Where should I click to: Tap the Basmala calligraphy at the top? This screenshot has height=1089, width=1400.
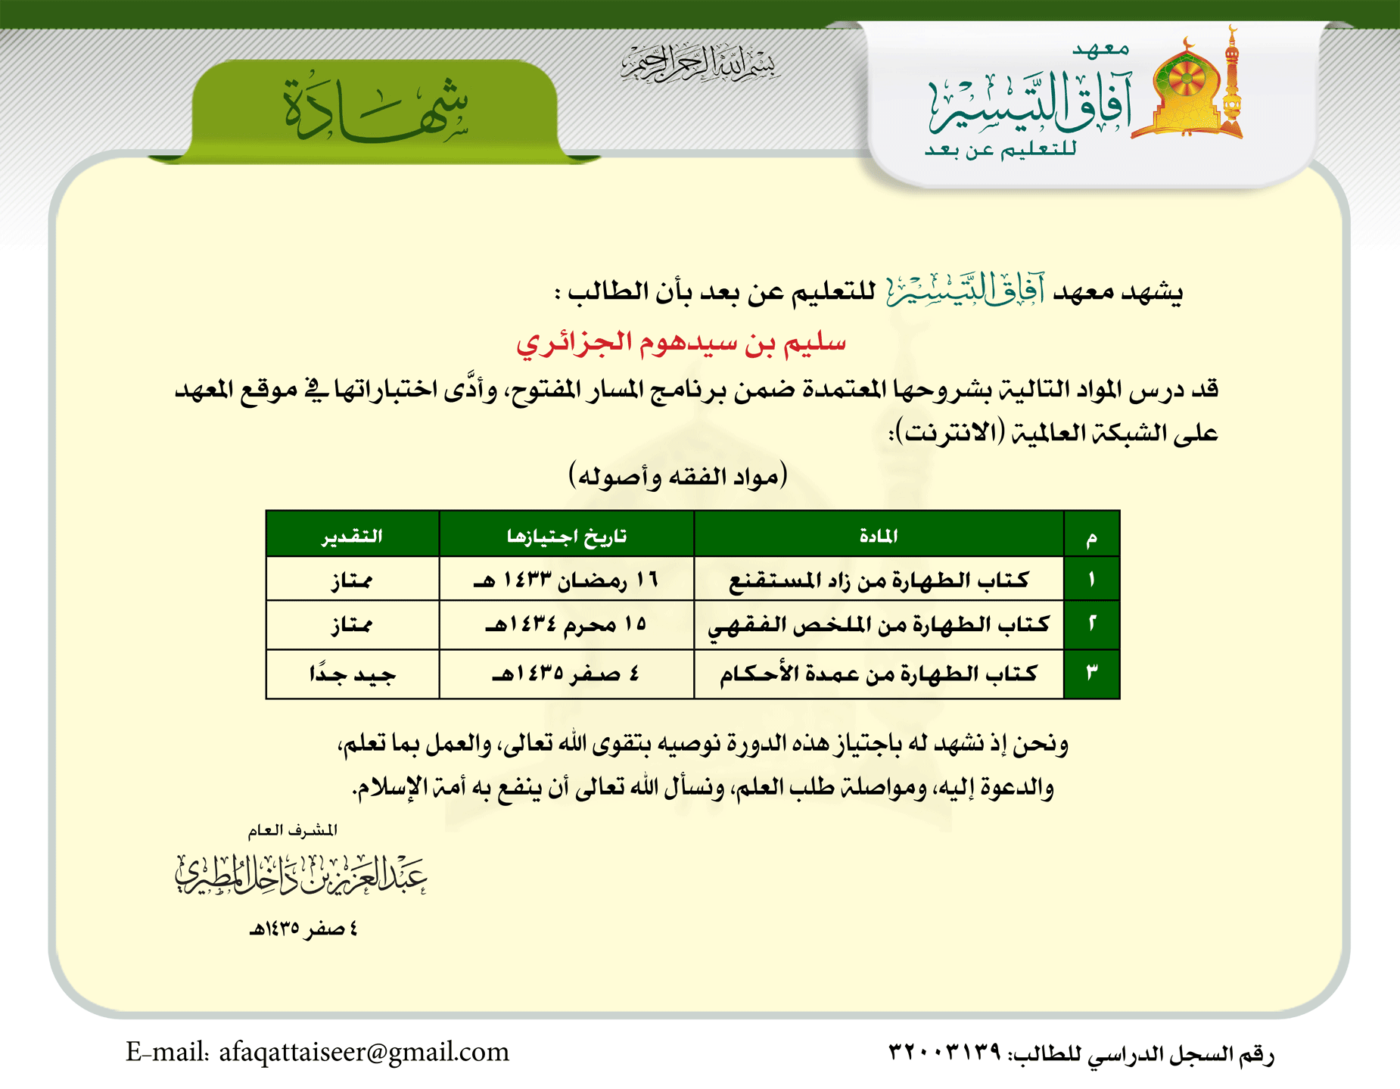pyautogui.click(x=698, y=63)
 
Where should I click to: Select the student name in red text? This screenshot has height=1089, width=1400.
pyautogui.click(x=681, y=344)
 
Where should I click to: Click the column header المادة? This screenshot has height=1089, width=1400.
pyautogui.click(x=879, y=536)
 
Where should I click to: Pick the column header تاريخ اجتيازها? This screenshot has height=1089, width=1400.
pyautogui.click(x=567, y=536)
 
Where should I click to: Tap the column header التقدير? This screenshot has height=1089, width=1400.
pyautogui.click(x=353, y=536)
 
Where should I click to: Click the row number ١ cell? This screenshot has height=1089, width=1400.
pyautogui.click(x=1091, y=580)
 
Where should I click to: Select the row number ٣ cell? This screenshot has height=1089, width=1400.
pyautogui.click(x=1091, y=673)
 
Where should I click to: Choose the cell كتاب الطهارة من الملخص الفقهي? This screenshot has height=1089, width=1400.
pyautogui.click(x=879, y=625)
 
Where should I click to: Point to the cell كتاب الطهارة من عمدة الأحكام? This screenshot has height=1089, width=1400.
pyautogui.click(x=879, y=674)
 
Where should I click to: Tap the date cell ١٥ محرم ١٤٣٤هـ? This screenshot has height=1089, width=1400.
pyautogui.click(x=567, y=625)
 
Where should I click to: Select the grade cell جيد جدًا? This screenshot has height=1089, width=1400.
pyautogui.click(x=353, y=674)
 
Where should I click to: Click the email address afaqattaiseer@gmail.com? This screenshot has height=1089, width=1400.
pyautogui.click(x=363, y=1052)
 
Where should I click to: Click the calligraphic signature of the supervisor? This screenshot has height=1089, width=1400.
pyautogui.click(x=301, y=876)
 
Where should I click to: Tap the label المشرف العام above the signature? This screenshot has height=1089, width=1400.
pyautogui.click(x=293, y=830)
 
